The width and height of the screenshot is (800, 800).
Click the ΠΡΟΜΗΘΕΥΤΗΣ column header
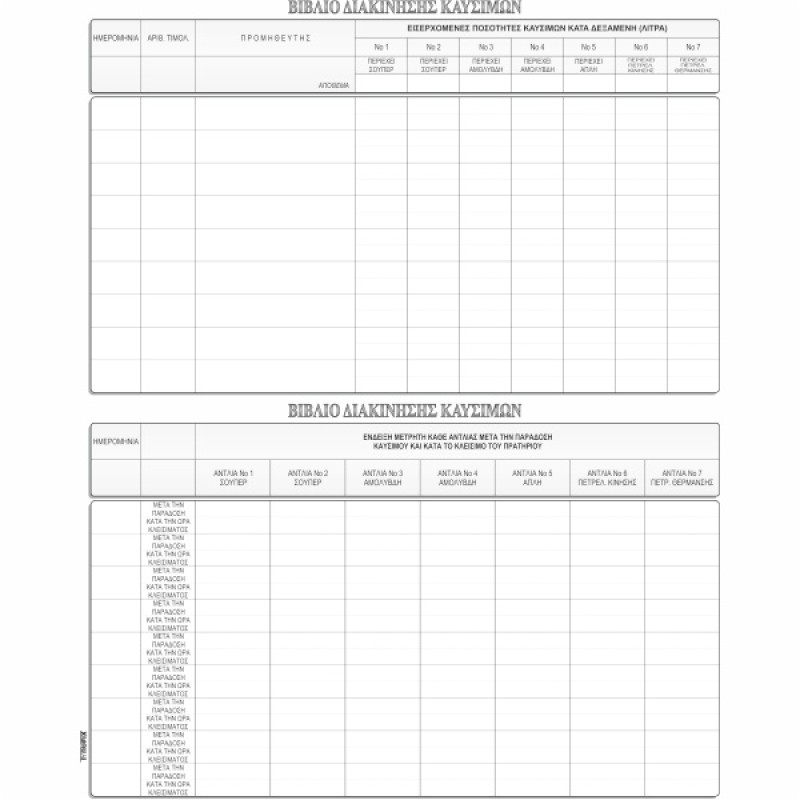tap(275, 37)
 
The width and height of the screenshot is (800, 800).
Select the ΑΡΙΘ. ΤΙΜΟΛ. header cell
tap(167, 37)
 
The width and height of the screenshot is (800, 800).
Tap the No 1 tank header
tap(381, 47)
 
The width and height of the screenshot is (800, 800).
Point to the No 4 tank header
tap(537, 47)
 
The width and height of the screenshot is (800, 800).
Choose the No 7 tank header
tap(693, 47)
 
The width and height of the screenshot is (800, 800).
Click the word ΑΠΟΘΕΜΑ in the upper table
tap(334, 86)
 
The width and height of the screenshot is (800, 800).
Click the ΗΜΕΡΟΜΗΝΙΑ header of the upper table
tap(115, 37)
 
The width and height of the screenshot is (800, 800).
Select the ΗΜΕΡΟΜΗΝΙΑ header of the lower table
tap(115, 440)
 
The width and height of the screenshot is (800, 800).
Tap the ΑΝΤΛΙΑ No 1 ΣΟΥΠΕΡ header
tap(233, 477)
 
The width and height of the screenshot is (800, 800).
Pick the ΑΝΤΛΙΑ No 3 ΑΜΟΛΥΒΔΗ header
tap(383, 477)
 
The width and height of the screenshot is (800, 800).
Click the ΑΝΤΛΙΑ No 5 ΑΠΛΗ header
tap(532, 477)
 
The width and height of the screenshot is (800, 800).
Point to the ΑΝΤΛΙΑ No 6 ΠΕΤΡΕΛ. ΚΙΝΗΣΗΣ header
tap(607, 477)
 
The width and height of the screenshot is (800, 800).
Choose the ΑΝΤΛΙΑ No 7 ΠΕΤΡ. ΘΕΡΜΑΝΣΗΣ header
tap(681, 477)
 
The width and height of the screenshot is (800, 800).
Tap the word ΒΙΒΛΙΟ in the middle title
tap(313, 410)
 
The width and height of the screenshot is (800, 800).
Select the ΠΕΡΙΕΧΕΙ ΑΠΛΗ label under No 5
tap(589, 66)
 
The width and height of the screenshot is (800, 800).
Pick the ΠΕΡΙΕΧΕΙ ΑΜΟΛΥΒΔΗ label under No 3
tap(485, 66)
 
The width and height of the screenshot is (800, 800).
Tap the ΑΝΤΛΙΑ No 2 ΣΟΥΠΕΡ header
tap(307, 477)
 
